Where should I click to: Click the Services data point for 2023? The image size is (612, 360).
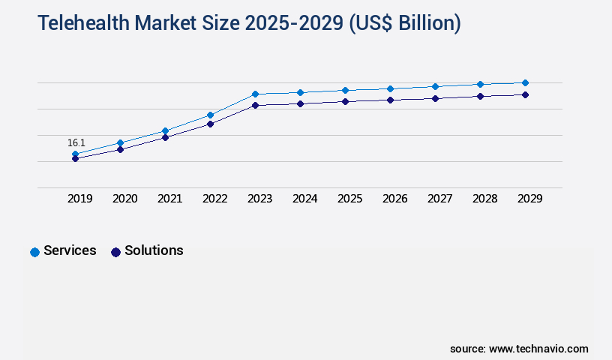pyautogui.click(x=255, y=94)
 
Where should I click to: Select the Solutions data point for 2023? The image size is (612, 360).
pyautogui.click(x=255, y=105)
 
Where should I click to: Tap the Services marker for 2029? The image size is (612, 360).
pyautogui.click(x=525, y=82)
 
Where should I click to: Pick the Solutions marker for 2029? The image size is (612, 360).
pyautogui.click(x=525, y=94)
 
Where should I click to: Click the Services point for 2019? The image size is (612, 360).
pyautogui.click(x=75, y=154)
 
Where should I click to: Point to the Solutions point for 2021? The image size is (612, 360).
pyautogui.click(x=165, y=137)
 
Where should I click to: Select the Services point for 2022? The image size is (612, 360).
pyautogui.click(x=210, y=115)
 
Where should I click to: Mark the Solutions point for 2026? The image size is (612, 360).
pyautogui.click(x=390, y=100)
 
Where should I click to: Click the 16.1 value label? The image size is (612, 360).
pyautogui.click(x=76, y=142)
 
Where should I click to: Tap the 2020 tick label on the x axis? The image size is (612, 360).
pyautogui.click(x=125, y=199)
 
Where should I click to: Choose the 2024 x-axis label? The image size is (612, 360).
pyautogui.click(x=305, y=199)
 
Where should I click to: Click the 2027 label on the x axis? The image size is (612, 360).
pyautogui.click(x=440, y=199)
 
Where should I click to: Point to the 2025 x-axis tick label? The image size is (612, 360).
pyautogui.click(x=350, y=199)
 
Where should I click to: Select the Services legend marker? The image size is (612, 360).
pyautogui.click(x=34, y=252)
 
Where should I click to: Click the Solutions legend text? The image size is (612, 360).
pyautogui.click(x=154, y=250)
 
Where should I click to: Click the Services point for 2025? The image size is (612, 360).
pyautogui.click(x=345, y=90)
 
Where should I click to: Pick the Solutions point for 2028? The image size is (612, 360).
pyautogui.click(x=480, y=96)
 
